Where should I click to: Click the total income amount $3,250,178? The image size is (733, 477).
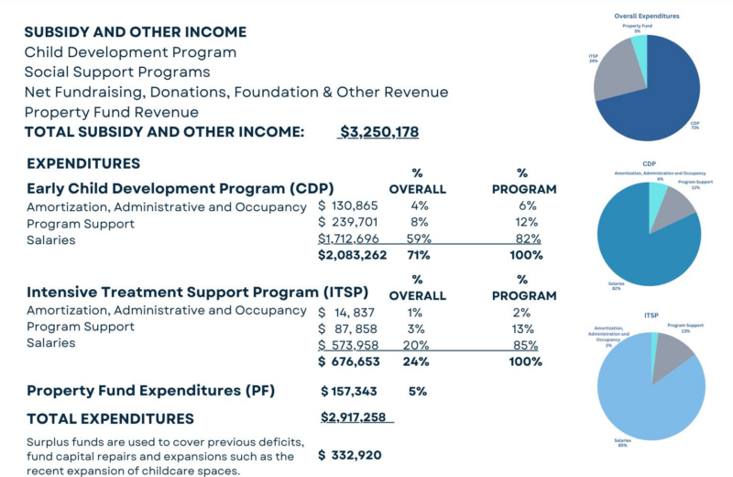[378, 132]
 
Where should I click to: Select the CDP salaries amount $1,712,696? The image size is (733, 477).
[353, 238]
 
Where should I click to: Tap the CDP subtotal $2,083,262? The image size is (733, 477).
[353, 255]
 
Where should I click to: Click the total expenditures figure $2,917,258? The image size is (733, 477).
[357, 418]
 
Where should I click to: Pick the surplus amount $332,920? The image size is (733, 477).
[350, 455]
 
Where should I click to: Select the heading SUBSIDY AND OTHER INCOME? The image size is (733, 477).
[135, 32]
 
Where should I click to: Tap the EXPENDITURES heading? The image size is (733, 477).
[83, 164]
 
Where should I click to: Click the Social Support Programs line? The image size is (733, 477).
[117, 72]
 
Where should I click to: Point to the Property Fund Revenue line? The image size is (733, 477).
[112, 112]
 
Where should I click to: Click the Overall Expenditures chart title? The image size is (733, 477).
[647, 16]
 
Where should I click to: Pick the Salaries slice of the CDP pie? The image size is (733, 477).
[641, 243]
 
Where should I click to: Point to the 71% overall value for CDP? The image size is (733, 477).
[417, 255]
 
